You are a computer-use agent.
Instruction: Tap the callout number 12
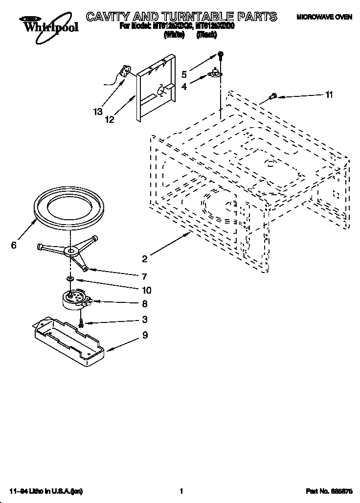[x=109, y=119]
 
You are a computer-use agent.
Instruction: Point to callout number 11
[x=329, y=95]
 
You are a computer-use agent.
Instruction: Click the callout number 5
[x=184, y=74]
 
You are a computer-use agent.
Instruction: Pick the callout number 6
[x=14, y=246]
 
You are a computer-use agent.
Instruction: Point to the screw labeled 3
[x=81, y=323]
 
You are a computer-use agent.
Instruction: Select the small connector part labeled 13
[x=126, y=73]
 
